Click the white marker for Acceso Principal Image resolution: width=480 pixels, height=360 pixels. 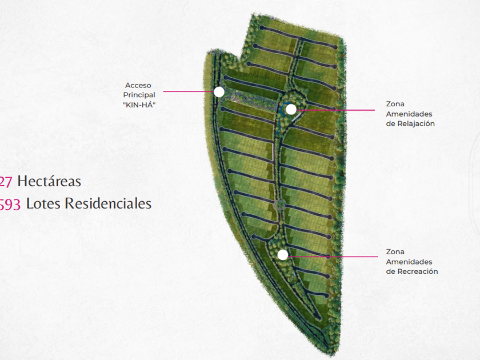click(x=219, y=91)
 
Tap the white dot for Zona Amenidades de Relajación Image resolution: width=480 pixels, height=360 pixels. click(x=291, y=109)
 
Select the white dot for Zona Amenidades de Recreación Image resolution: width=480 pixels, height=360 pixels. click(x=283, y=255)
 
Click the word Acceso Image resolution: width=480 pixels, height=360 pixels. click(x=138, y=86)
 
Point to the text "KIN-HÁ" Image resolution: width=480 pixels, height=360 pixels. click(x=139, y=105)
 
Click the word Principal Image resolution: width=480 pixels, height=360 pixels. click(x=139, y=95)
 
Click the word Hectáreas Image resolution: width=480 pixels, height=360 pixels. click(x=49, y=182)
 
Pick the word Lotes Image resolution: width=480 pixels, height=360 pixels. click(x=43, y=203)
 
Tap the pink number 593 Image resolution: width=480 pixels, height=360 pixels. click(x=10, y=204)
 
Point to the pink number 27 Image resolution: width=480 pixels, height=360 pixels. click(x=6, y=182)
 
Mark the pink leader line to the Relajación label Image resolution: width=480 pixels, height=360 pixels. click(x=337, y=109)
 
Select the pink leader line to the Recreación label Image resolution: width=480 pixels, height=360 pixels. click(x=331, y=257)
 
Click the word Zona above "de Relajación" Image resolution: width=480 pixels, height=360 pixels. click(x=395, y=104)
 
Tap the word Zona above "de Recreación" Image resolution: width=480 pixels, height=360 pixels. click(x=395, y=251)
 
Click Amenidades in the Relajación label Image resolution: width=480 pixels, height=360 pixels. click(x=409, y=114)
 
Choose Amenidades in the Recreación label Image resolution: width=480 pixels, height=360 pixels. click(x=409, y=262)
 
